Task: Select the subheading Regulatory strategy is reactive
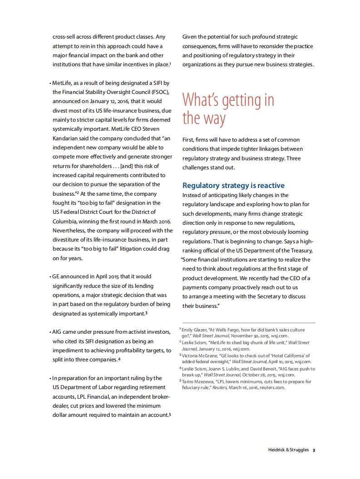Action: coord(233,185)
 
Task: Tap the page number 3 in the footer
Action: coord(314,450)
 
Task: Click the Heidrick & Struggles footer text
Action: coord(288,450)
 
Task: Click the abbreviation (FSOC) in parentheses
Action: coord(159,92)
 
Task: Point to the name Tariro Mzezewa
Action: coord(198,382)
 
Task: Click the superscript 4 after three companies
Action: coord(119,359)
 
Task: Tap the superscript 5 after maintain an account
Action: coord(170,415)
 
